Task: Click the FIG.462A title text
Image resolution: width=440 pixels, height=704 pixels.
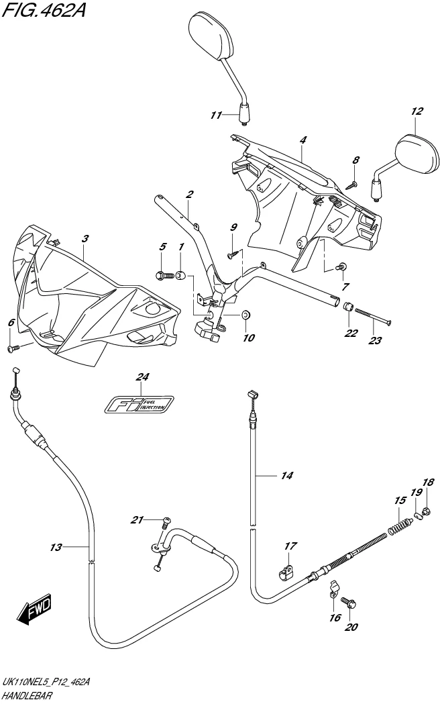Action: click(x=44, y=11)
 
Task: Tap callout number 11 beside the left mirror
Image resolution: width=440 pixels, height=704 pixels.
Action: click(x=215, y=115)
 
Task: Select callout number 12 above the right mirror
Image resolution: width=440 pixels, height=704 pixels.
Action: click(x=417, y=111)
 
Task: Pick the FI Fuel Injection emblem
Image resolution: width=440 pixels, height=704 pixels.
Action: click(x=141, y=404)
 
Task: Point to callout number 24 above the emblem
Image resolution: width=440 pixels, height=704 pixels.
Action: click(x=142, y=377)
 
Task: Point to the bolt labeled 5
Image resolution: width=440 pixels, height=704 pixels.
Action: click(x=162, y=274)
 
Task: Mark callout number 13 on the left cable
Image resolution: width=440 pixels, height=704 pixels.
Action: click(x=56, y=548)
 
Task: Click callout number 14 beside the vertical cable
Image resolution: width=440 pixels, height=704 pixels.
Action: click(x=287, y=476)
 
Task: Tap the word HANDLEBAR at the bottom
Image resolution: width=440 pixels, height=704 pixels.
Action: click(x=25, y=695)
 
